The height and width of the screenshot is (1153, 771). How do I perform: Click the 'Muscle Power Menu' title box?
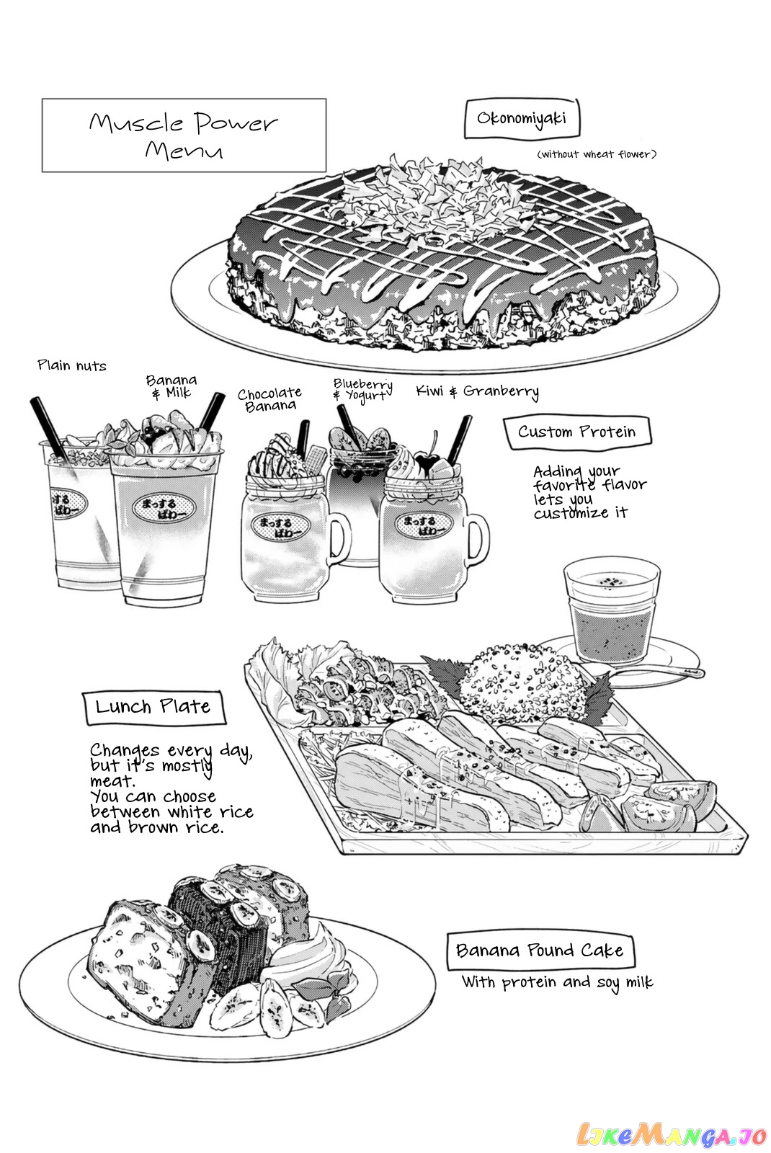point(184,135)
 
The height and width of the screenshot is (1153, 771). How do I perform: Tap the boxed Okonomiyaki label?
point(522,119)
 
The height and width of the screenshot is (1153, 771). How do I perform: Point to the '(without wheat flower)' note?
point(597,154)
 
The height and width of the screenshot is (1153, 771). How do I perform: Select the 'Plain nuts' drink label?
point(72,365)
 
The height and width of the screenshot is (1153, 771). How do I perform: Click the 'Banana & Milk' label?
point(171,386)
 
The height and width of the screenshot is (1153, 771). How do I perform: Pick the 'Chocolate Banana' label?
point(269,399)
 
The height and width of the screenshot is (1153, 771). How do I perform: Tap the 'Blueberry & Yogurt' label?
point(363,390)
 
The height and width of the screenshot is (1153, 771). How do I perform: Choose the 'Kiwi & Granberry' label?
point(478,392)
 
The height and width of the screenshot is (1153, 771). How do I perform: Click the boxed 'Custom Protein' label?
point(577,432)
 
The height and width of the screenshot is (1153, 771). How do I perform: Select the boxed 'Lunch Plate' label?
point(153,707)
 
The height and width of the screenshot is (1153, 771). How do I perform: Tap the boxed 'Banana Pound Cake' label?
point(540,951)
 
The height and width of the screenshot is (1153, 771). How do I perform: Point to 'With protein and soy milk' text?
point(558,982)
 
